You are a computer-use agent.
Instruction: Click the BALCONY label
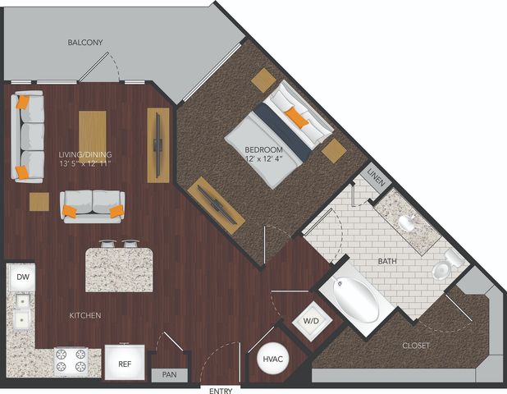tap(85, 43)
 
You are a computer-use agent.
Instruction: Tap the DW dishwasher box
tap(23, 277)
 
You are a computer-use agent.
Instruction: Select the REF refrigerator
tap(125, 362)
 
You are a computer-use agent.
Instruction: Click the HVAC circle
tap(272, 359)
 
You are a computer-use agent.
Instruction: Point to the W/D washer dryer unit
tap(312, 321)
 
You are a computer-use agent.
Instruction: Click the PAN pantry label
tap(170, 374)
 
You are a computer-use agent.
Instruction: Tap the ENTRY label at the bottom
tap(221, 391)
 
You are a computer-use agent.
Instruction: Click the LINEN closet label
tap(377, 177)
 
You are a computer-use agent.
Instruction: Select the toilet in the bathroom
tap(448, 263)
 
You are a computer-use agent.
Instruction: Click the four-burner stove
tap(71, 361)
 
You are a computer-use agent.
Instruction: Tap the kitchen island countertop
tap(119, 270)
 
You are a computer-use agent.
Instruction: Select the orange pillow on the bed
tap(297, 118)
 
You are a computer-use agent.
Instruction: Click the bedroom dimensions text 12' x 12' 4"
tap(264, 158)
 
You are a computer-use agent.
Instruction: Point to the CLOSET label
tap(416, 346)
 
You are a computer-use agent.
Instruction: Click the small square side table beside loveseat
tap(39, 202)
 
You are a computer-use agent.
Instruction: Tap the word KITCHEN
tap(85, 315)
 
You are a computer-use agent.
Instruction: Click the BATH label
tap(387, 261)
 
